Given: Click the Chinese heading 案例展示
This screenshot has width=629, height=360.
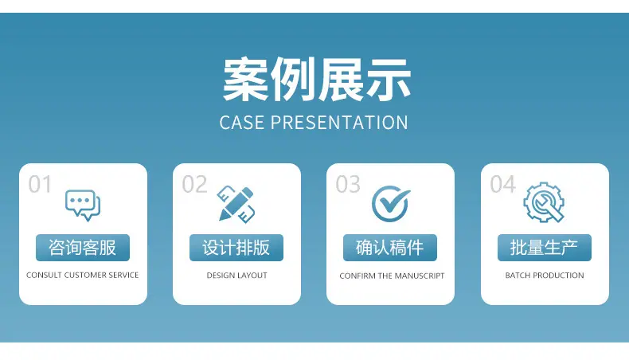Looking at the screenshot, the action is click(x=317, y=79).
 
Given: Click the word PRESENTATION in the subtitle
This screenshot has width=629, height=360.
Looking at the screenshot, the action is click(x=339, y=123).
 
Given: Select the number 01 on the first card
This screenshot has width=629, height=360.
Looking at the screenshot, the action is click(x=40, y=185).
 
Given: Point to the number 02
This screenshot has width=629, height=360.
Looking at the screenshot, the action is click(x=194, y=185).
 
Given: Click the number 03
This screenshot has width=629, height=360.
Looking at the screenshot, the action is click(x=348, y=185).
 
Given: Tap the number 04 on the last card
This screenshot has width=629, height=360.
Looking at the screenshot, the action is click(x=502, y=185).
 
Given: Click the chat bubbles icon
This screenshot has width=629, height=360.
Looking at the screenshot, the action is click(x=83, y=205).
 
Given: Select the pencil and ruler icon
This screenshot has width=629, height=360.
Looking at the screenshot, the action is click(x=236, y=204).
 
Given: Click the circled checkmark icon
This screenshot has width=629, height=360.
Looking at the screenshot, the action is click(x=390, y=203).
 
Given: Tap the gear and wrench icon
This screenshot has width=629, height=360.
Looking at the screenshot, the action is click(x=544, y=202).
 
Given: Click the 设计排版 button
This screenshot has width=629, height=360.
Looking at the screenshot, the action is click(x=236, y=248).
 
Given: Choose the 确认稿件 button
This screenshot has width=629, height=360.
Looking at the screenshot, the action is click(x=390, y=248).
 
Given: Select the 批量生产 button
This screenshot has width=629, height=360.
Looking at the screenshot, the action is click(x=545, y=248).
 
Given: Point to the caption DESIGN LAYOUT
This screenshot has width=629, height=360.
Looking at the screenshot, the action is click(x=236, y=276).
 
